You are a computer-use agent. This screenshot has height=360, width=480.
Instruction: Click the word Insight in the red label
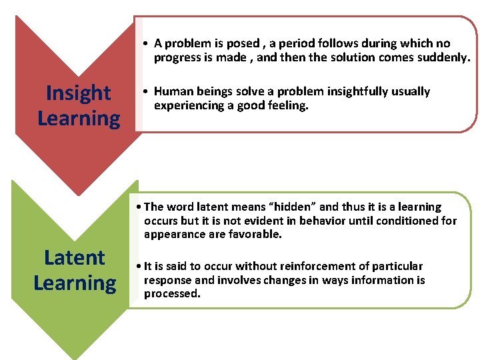coord(79,93)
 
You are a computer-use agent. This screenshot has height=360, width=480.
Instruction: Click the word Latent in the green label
coord(74,257)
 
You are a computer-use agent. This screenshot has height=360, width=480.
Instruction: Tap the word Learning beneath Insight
coord(79,119)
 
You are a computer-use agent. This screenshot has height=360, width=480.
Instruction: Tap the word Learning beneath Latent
coord(74,283)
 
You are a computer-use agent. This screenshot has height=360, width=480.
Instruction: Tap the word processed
coord(172,293)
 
